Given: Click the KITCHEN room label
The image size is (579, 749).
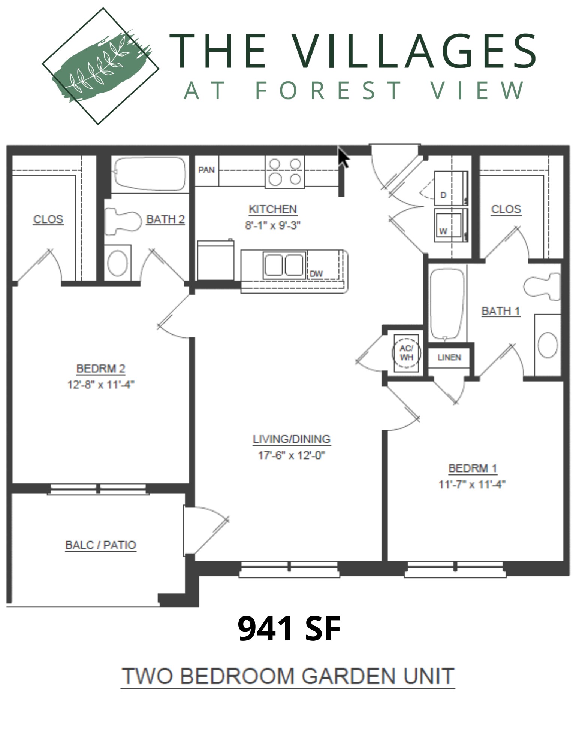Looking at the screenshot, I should point(272,209).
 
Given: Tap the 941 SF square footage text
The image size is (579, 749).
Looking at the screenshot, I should point(289,629).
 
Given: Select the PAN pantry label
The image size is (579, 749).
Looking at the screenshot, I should point(206,170).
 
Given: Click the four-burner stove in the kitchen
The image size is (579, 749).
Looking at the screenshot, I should point(285,172).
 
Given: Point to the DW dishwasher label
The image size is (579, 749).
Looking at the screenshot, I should point(316,274).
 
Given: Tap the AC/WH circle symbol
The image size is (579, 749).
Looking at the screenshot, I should point(406,353).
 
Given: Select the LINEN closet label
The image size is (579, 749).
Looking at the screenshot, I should point(449,357).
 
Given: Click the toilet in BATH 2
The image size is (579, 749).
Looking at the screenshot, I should point(123,222).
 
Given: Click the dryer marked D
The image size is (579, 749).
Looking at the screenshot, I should point(451,188).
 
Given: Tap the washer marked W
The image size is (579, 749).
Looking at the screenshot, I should point(451,225).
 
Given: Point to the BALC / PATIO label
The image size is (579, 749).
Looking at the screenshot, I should point(100,545).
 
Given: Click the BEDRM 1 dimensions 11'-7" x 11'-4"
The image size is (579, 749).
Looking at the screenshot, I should point(472,485).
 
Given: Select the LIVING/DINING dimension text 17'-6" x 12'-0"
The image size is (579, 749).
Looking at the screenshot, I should point(291,455).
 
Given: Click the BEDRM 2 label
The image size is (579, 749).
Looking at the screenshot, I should point(100,369).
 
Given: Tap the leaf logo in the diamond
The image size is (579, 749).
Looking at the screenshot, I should point(100,67).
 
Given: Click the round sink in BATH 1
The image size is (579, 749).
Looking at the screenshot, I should point(548,345).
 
